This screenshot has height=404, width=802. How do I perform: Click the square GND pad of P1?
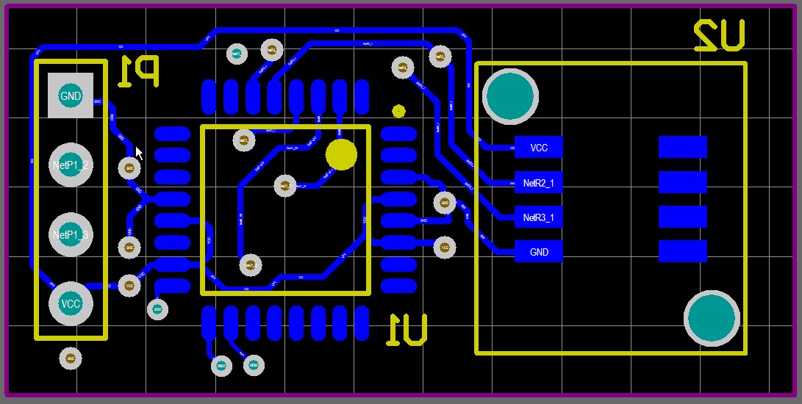pos(71,95)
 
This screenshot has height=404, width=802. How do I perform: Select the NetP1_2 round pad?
pos(71,165)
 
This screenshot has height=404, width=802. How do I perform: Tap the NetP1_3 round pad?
pos(71,235)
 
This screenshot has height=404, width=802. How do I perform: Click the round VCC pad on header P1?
pos(71,303)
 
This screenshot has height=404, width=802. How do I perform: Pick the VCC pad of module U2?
pos(538,147)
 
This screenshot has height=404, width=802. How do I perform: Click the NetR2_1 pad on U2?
pos(538,182)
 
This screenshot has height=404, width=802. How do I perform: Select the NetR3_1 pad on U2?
pos(538,217)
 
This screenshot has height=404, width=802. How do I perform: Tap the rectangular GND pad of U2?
pos(538,252)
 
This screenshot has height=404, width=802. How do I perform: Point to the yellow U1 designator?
pos(407,329)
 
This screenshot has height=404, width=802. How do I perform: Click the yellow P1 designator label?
pos(138,72)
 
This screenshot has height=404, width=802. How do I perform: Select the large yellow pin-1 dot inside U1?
pos(340,154)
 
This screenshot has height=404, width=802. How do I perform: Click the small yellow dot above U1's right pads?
pos(398,112)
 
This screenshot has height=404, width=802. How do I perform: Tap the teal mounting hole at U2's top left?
pos(510,95)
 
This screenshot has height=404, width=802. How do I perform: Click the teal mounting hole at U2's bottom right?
pos(712,318)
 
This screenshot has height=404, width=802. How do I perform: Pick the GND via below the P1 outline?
pos(71,358)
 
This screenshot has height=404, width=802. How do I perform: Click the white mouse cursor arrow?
pos(139,152)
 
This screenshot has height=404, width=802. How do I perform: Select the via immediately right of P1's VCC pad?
pos(129,286)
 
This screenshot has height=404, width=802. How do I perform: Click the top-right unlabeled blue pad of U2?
pos(682,147)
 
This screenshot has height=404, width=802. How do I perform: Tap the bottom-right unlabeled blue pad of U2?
pos(682,252)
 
